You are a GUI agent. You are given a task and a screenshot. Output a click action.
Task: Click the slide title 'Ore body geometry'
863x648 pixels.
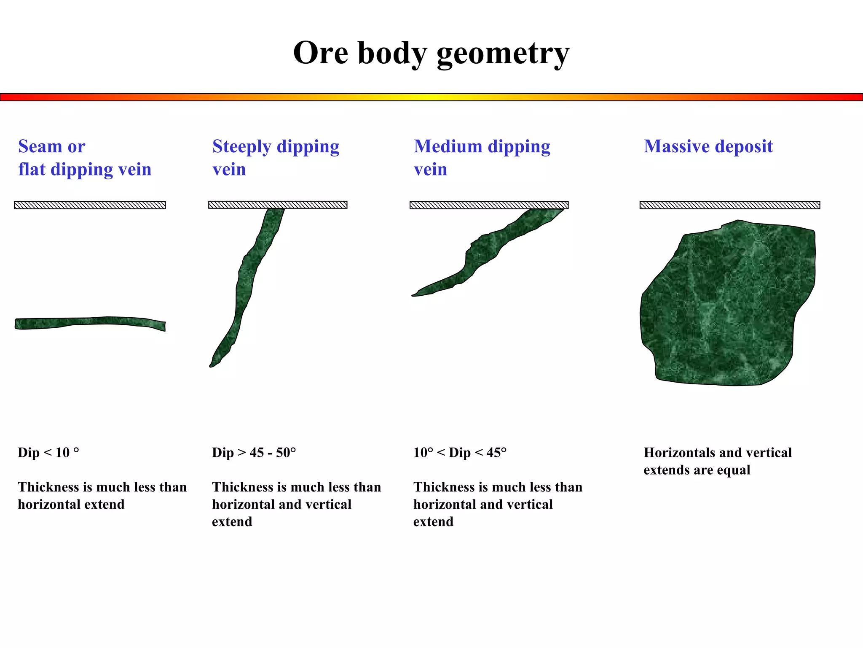point(431,54)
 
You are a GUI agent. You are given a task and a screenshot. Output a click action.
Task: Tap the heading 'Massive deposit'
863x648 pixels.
point(708,146)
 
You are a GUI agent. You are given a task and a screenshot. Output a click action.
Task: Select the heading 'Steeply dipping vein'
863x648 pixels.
point(276,157)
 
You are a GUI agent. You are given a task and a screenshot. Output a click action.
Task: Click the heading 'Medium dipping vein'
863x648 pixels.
point(482,157)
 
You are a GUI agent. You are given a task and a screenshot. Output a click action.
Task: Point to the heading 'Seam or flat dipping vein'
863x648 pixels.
point(84,157)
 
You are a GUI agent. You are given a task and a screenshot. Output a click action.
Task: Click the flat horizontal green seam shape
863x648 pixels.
point(90,322)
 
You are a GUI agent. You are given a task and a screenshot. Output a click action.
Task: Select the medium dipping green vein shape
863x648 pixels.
point(485,253)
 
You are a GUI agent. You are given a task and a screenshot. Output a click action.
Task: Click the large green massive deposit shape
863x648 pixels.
point(727,304)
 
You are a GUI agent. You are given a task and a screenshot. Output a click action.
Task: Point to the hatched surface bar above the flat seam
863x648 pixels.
point(90,205)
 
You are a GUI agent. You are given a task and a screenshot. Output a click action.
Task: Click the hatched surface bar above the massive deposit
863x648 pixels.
point(730,205)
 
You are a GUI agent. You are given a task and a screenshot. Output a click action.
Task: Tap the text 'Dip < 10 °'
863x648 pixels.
point(48,453)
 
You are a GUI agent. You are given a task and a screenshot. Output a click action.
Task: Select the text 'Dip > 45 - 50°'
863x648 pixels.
point(254,453)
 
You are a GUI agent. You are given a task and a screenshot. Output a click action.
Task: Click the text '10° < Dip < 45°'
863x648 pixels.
point(460,453)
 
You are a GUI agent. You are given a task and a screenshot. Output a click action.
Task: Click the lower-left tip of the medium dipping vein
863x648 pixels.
point(414,295)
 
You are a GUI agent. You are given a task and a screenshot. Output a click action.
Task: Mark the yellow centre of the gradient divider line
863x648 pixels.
point(431,97)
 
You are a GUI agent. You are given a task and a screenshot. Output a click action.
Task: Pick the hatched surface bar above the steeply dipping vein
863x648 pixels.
point(278,205)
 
